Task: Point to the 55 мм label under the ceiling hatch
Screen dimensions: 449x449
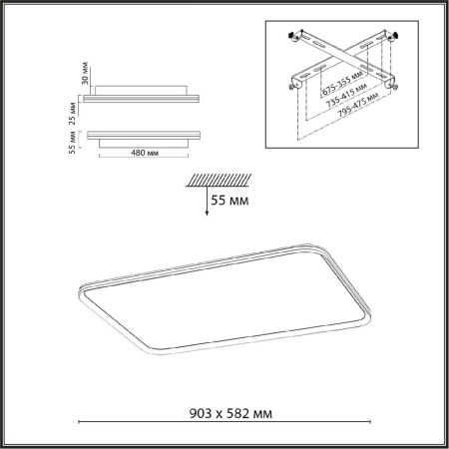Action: click(226, 201)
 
